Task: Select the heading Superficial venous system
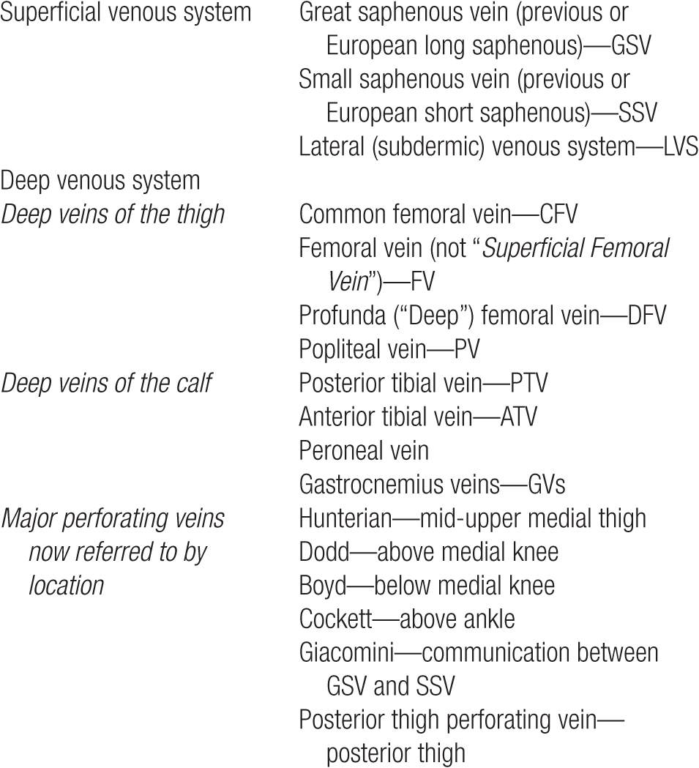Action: pos(126,12)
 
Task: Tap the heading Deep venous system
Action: pos(100,180)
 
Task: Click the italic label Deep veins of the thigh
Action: pos(113,215)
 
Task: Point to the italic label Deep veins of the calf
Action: pos(106,383)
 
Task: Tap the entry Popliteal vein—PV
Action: pos(389,349)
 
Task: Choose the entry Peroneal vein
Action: pos(363,450)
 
